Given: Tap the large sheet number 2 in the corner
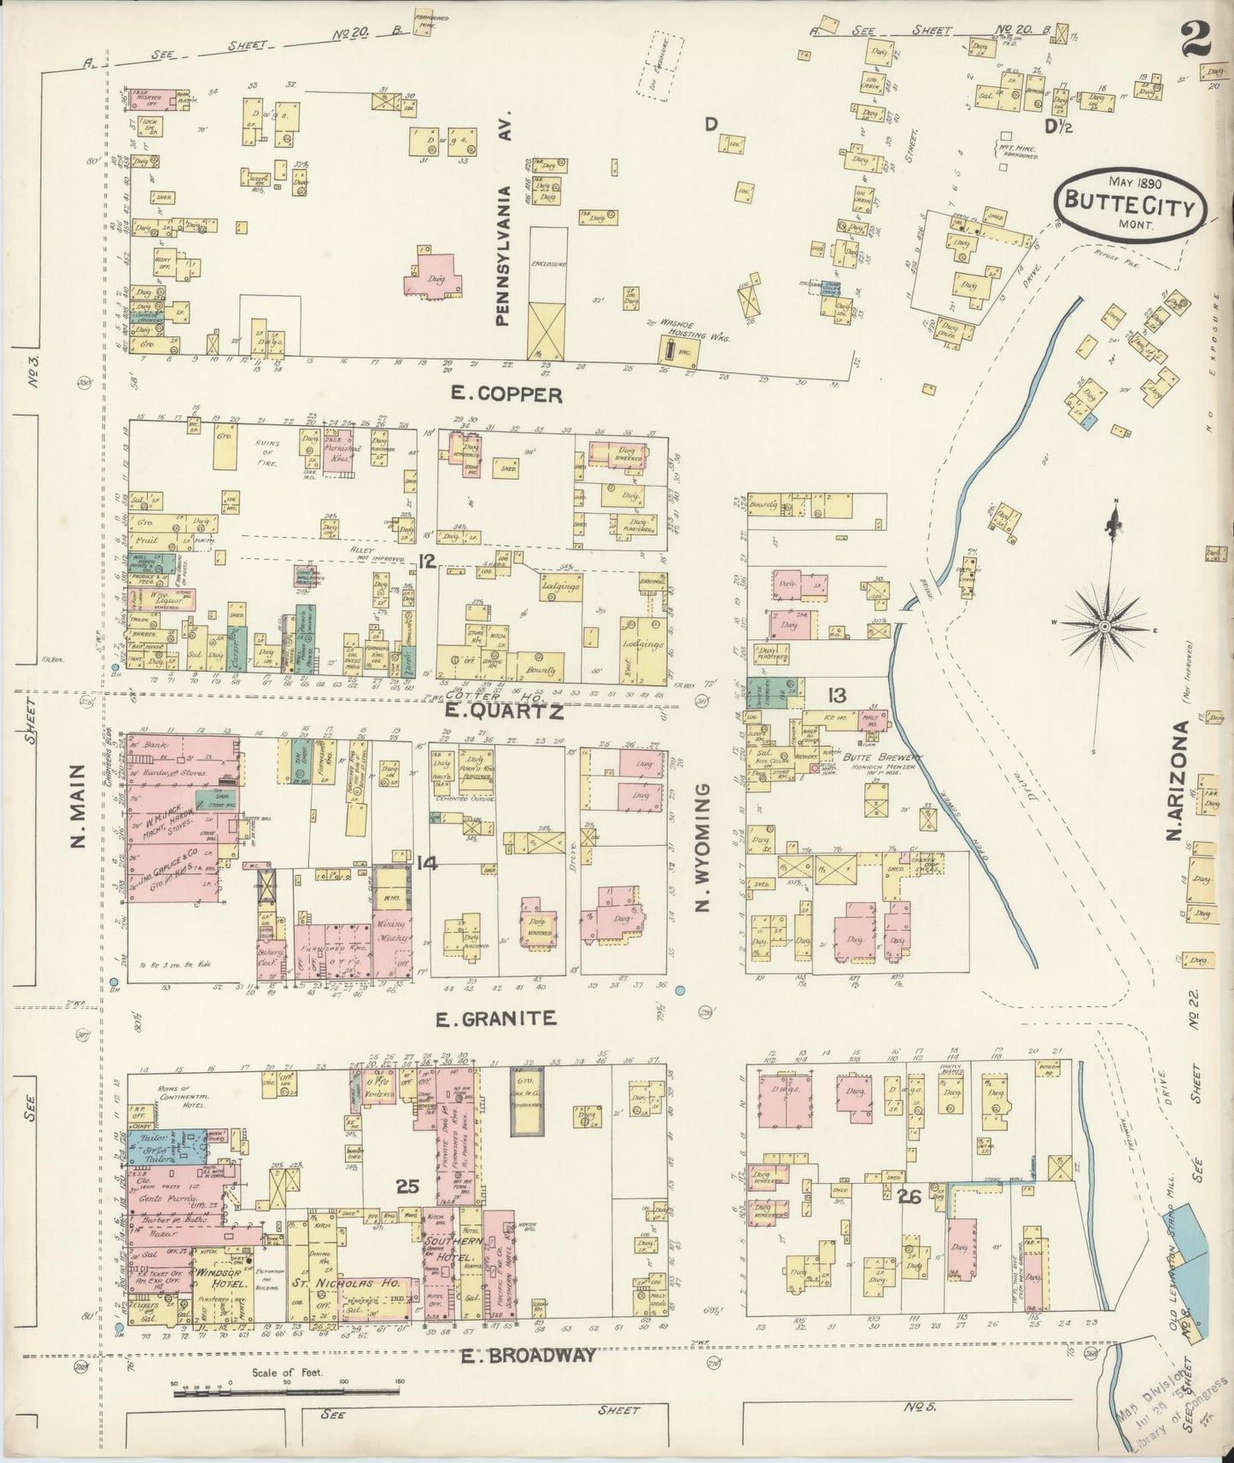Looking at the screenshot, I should [x=1199, y=40].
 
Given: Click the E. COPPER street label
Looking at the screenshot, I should [x=508, y=395].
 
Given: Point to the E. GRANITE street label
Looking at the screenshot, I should [x=496, y=1018].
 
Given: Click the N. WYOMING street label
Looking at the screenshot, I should [x=703, y=848].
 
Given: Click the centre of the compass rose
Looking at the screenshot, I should [x=1105, y=627].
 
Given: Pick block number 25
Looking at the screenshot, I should [x=408, y=1186].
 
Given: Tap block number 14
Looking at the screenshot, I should [x=427, y=864].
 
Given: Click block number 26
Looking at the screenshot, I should [x=908, y=1198].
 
